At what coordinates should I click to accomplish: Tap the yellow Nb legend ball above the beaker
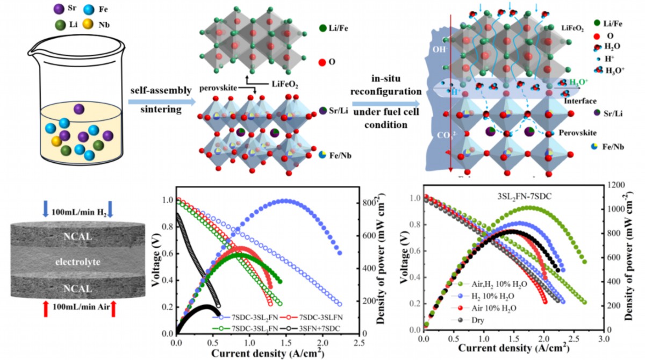(x=89, y=24)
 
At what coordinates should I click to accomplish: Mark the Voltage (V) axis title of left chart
(x=156, y=263)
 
